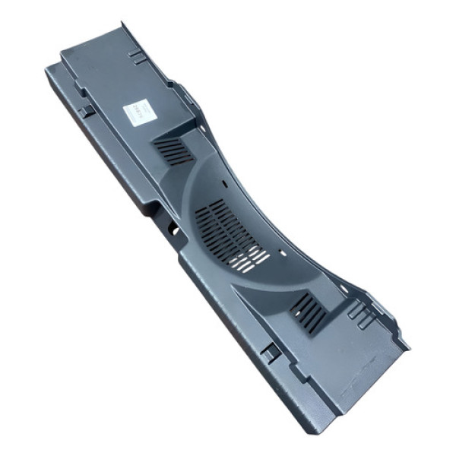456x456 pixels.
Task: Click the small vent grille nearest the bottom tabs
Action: (307, 312)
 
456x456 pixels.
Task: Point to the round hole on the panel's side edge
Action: (174, 229)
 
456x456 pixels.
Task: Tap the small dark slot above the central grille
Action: (226, 182)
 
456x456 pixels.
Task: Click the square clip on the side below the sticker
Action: (86, 111)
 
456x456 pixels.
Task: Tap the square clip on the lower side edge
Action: (268, 352)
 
